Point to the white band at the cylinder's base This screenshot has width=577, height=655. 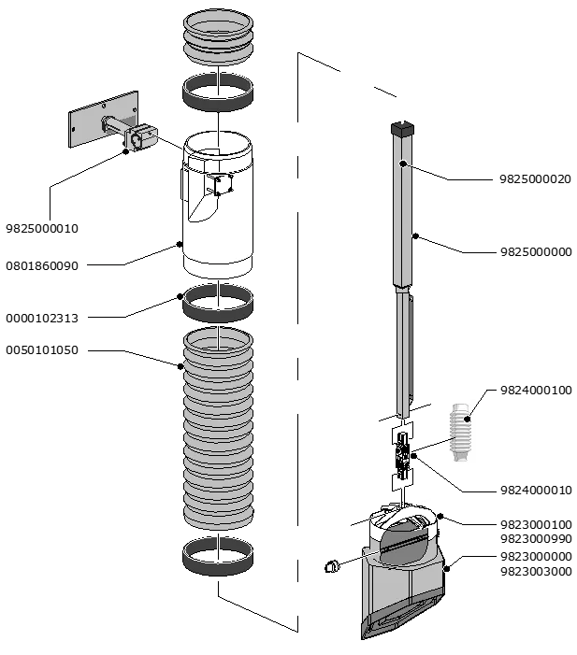218,263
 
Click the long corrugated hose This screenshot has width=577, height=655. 218,430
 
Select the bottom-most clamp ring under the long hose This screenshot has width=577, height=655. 218,556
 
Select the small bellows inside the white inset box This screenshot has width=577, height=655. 458,432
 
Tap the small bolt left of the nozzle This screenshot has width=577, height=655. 330,566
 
